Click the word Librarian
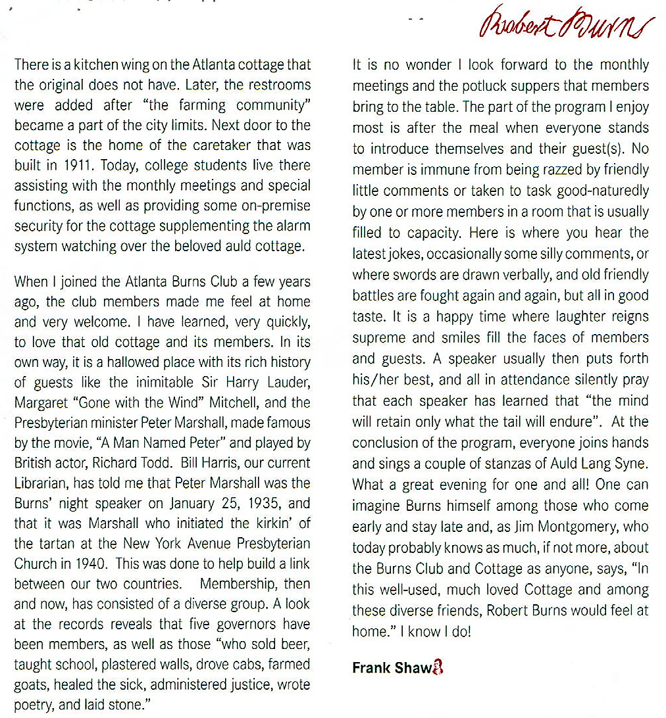click(x=41, y=484)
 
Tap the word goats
click(x=31, y=684)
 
